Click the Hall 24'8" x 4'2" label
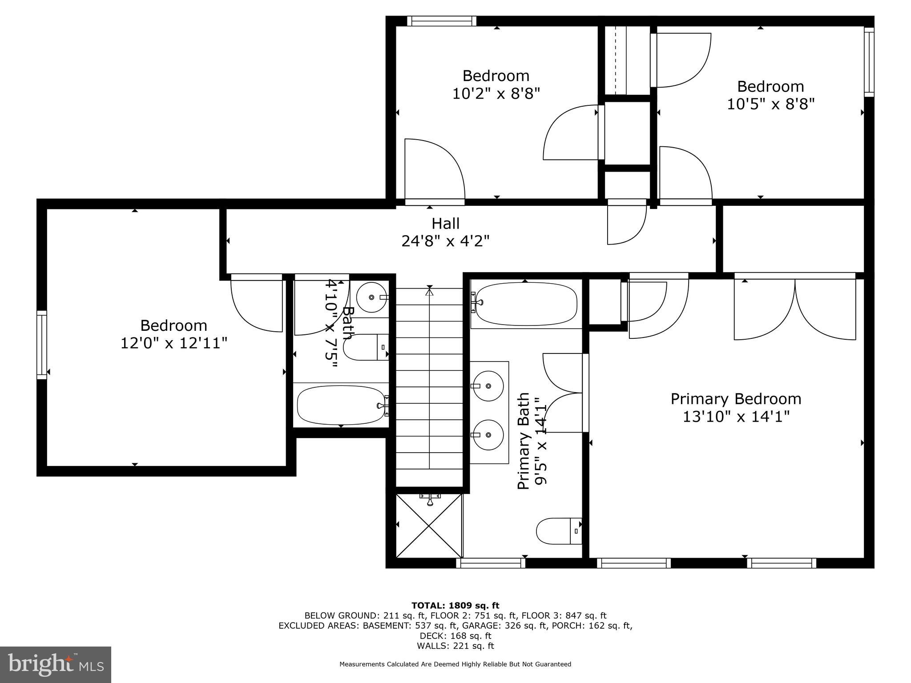[x=446, y=232]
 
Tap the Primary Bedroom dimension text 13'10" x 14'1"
[x=736, y=417]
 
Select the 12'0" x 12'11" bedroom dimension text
[x=174, y=343]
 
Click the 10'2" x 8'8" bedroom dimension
[x=496, y=94]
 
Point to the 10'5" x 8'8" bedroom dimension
[x=770, y=104]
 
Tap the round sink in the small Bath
[x=372, y=297]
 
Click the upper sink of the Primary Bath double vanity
[x=488, y=386]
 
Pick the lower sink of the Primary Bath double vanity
[x=488, y=434]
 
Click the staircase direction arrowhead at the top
[x=429, y=292]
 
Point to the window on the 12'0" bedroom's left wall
[x=41, y=345]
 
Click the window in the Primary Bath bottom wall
[x=491, y=563]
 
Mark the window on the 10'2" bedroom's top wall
[x=442, y=21]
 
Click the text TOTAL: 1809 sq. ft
[x=455, y=606]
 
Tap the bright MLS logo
[x=56, y=664]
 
